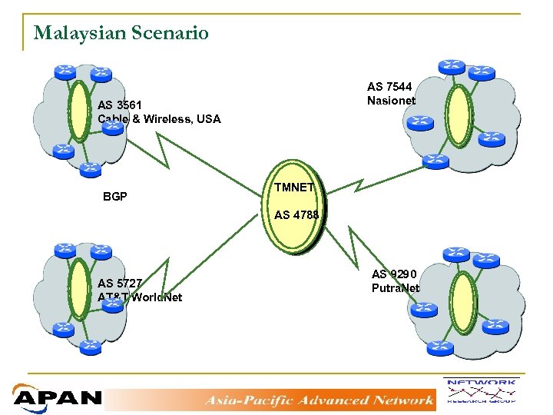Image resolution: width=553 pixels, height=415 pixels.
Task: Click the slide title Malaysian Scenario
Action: [x=121, y=33]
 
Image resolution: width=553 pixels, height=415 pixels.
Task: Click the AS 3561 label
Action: [x=119, y=105]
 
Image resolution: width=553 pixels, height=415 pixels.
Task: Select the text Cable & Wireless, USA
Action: [x=159, y=119]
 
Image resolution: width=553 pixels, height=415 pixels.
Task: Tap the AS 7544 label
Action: [x=390, y=87]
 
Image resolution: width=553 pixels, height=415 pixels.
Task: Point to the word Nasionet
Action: [x=391, y=101]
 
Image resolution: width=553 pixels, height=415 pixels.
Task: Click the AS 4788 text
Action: [x=296, y=215]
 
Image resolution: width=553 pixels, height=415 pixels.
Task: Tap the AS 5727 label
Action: [x=119, y=283]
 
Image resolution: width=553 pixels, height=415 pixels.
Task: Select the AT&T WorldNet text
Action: [x=140, y=297]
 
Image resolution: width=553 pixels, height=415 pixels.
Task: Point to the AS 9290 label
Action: [x=394, y=274]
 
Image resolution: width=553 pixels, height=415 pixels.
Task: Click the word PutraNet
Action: [x=396, y=288]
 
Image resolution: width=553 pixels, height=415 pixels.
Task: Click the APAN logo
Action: [x=57, y=397]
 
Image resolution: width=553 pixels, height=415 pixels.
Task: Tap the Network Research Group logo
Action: [x=480, y=392]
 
